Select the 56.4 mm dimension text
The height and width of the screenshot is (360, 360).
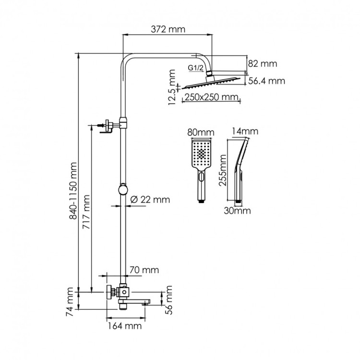[x=266, y=81]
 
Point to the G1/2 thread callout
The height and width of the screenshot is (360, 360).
[x=195, y=69]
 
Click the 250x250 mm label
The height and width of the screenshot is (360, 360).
[x=212, y=97]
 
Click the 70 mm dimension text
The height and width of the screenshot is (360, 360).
[x=144, y=270]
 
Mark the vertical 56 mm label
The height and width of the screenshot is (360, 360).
[x=169, y=300]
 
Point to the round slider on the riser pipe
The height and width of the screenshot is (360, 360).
[x=123, y=188]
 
